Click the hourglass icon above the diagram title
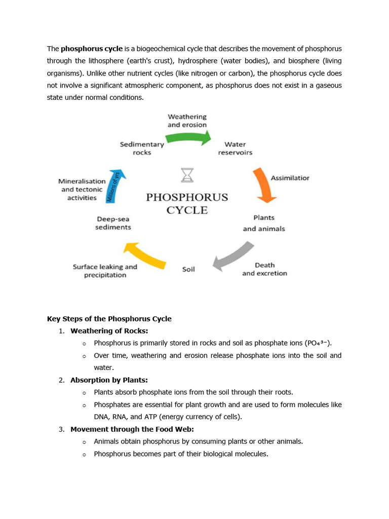187,175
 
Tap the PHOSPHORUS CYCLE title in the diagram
187,203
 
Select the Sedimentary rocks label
142,148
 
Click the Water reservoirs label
235,148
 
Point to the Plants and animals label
264,223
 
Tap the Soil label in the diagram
188,269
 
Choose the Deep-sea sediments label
113,223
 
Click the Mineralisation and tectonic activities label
82,189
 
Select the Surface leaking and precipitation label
105,271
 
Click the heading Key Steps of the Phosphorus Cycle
109,319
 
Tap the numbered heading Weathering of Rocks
109,331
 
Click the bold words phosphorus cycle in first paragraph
92,49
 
